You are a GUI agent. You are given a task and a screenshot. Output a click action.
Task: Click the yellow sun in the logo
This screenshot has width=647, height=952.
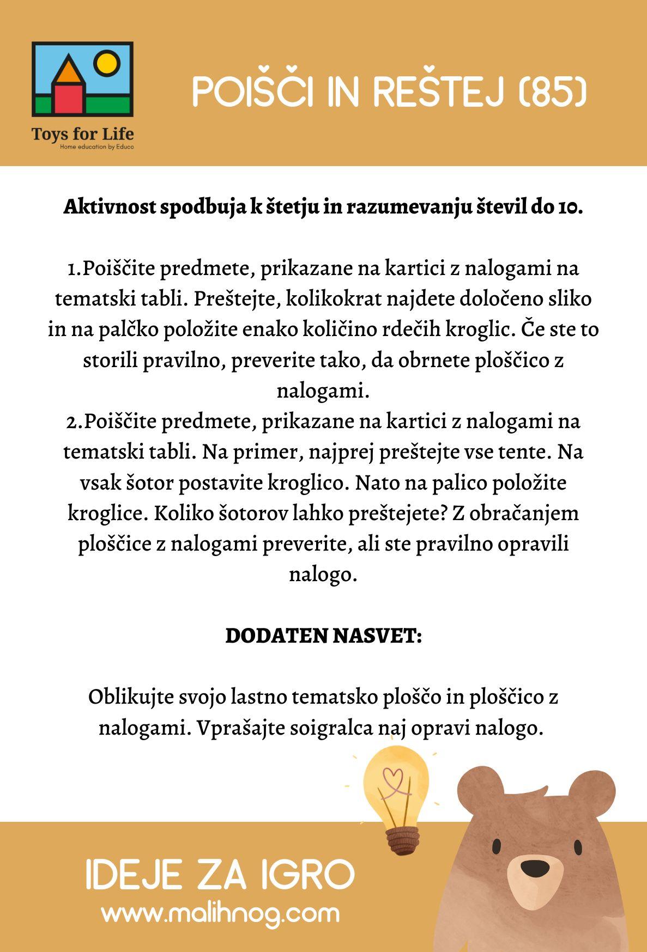(105, 63)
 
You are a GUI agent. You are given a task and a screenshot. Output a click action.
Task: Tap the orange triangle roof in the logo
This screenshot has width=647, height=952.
(68, 69)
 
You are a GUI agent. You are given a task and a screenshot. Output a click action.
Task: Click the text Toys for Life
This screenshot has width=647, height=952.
(82, 133)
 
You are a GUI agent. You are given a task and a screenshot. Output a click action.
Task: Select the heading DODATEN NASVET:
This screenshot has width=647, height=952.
(324, 636)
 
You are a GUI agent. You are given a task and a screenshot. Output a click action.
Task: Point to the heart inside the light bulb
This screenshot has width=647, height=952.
(394, 776)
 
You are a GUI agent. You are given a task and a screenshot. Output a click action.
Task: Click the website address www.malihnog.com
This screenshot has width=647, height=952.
(220, 913)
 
